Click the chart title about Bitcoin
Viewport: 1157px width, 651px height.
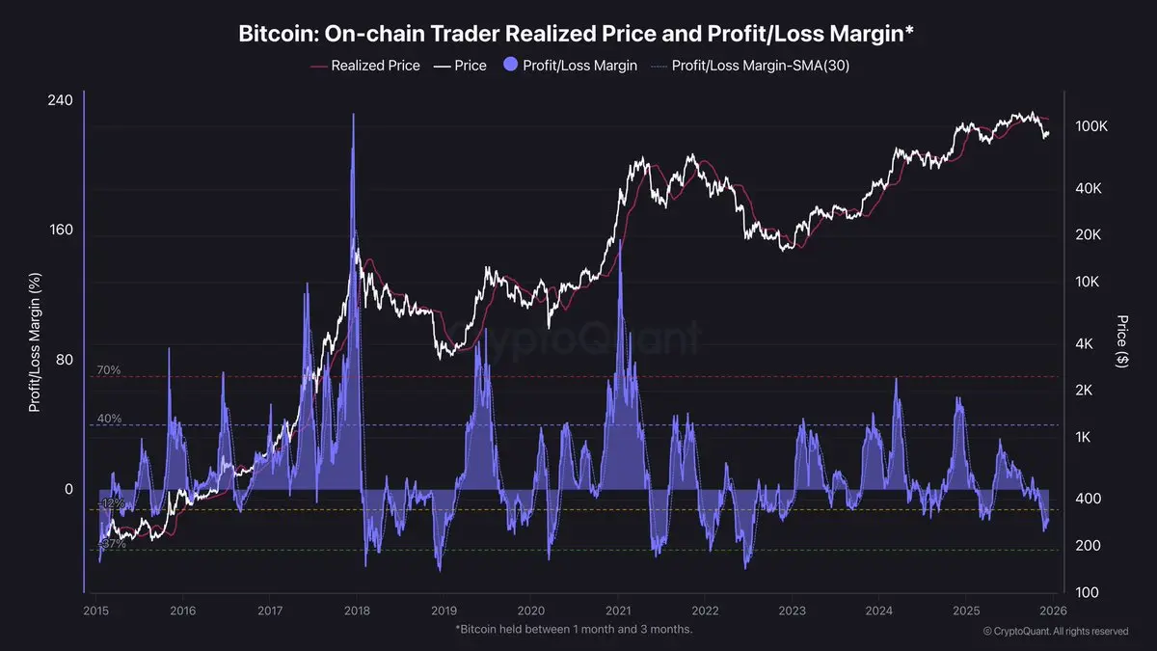coord(576,35)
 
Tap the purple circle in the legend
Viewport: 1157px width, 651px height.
coord(507,66)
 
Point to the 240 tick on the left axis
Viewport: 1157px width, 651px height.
coord(61,101)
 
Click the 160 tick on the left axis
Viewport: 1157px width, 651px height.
coord(61,231)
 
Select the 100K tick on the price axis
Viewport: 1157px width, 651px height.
coord(1091,127)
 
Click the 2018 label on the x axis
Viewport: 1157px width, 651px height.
coord(357,610)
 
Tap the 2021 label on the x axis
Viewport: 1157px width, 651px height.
coord(618,610)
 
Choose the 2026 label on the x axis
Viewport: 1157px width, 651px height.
coord(1053,610)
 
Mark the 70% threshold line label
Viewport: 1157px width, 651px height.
coord(108,370)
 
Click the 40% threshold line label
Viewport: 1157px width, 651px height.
coord(108,419)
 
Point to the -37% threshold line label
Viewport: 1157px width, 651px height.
coord(112,545)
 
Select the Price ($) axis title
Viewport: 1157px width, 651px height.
coord(1121,340)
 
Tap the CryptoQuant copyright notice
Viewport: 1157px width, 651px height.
coord(1056,632)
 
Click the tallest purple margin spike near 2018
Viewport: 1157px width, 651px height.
coord(353,116)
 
